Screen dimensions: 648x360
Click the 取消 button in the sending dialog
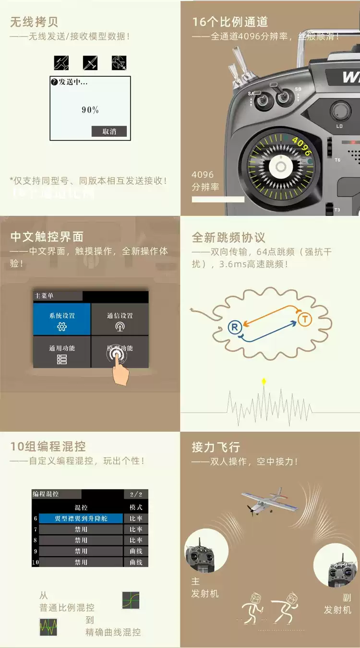tap(109, 131)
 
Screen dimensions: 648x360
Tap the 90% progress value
tap(90, 110)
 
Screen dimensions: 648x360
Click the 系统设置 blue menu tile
tap(62, 319)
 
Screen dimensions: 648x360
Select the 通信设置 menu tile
tap(120, 319)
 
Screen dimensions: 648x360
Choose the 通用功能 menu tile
tap(62, 352)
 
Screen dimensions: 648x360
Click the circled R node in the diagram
tap(234, 327)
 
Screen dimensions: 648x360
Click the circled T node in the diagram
tap(305, 319)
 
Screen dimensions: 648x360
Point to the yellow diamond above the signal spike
tap(263, 382)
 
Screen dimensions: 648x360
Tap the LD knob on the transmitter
tap(340, 111)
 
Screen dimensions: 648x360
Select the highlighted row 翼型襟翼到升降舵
tap(81, 518)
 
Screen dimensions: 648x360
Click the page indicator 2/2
tap(136, 494)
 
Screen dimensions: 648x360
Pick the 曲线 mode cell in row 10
tap(136, 562)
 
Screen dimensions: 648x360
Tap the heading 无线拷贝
tap(34, 22)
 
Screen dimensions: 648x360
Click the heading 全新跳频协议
tap(228, 237)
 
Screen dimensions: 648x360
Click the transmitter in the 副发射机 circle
tap(341, 571)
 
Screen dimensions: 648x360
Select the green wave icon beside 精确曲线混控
tap(48, 626)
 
